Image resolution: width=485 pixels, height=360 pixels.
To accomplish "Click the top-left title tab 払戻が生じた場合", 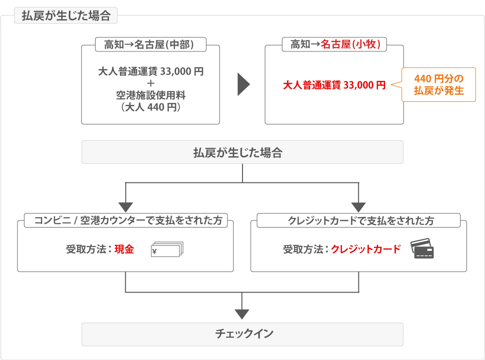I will click(x=66, y=16).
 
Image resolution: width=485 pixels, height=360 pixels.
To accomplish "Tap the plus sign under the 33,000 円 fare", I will click(x=150, y=83).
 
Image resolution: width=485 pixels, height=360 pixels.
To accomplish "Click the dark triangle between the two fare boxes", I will click(x=243, y=85).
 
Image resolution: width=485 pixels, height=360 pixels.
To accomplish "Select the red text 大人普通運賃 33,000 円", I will click(x=334, y=85).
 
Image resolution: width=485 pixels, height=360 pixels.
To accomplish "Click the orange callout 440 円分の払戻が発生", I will click(x=438, y=84).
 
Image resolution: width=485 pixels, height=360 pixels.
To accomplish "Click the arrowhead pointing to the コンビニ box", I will click(x=126, y=207).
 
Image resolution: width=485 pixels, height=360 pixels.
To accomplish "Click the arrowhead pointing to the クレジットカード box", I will click(x=358, y=207).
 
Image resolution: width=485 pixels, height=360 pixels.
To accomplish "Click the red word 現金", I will click(x=124, y=250).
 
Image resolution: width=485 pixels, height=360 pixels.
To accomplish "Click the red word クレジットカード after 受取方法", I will click(x=366, y=249).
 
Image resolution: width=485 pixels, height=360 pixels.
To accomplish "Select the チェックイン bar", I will click(x=242, y=334).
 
